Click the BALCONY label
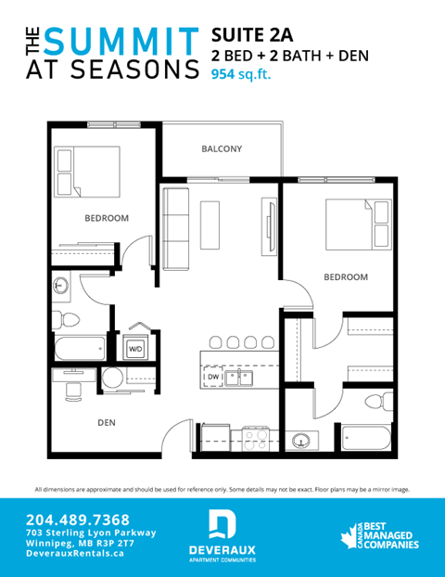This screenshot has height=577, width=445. (222, 149)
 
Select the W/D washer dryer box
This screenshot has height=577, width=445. (134, 350)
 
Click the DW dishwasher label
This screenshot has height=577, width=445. (212, 378)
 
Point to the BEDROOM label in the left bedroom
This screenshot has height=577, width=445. (107, 219)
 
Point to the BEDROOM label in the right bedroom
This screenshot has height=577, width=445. (345, 277)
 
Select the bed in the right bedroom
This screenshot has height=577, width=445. (355, 225)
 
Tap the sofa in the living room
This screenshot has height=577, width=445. (175, 224)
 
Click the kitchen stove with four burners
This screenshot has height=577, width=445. (255, 437)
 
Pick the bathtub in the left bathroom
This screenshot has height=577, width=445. (79, 349)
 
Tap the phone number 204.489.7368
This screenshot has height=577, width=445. (78, 519)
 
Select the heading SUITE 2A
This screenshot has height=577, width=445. (252, 35)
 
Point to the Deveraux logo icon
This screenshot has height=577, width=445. (222, 524)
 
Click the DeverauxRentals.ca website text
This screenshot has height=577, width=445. (75, 555)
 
